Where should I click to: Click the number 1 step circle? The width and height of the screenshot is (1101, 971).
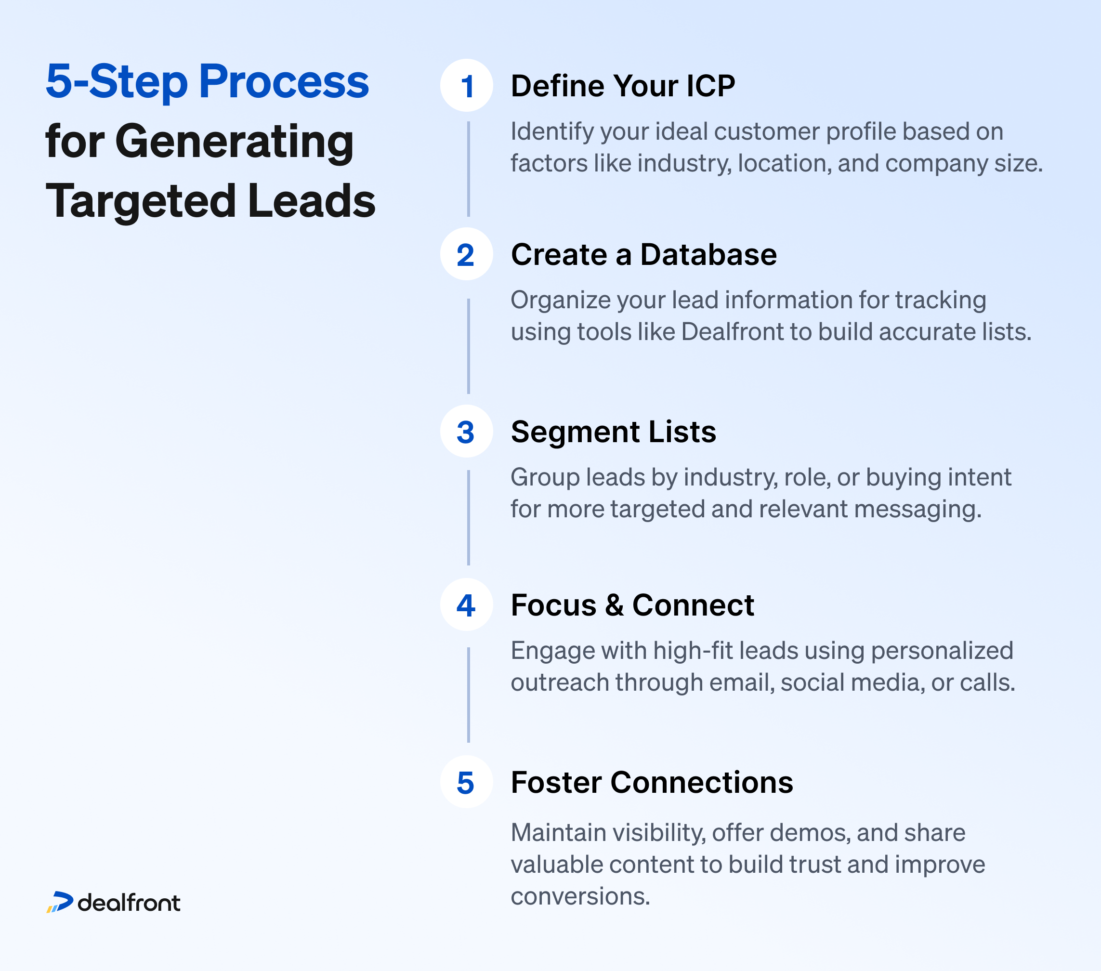coord(467,86)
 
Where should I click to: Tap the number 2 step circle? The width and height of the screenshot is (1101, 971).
coord(467,254)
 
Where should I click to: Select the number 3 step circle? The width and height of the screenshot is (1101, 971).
coord(467,432)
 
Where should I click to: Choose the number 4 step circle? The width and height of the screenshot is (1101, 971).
coord(467,605)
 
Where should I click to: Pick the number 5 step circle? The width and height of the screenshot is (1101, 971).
coord(467,782)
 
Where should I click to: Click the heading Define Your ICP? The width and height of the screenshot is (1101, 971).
coord(623,86)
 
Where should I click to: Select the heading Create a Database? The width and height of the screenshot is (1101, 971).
coord(643,254)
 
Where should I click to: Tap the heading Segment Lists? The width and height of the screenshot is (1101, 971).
coord(614,432)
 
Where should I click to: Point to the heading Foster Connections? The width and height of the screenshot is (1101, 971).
coord(652,782)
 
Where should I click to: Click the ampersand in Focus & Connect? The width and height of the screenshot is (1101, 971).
coord(614,605)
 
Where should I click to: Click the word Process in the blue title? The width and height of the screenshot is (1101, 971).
coord(284,82)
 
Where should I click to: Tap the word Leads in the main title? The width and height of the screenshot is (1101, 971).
coord(311,201)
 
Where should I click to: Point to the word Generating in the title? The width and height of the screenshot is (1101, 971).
coord(235,142)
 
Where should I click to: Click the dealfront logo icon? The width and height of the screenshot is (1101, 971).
coord(60,903)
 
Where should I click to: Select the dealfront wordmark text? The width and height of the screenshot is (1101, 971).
coord(129,903)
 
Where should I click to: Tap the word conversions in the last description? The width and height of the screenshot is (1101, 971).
coord(581,896)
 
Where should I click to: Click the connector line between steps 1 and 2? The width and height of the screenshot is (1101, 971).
coord(469,169)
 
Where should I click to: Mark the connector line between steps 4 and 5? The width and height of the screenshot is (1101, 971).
coord(469,695)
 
